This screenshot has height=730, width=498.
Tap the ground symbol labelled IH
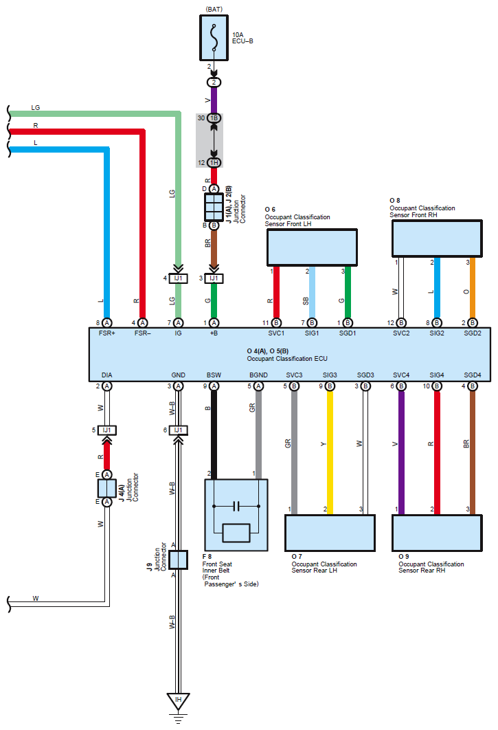tap(178, 701)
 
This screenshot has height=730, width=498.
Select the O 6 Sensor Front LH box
tap(311, 247)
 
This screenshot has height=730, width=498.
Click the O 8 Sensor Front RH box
tap(436, 239)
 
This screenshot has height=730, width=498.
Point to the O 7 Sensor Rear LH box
tap(330, 532)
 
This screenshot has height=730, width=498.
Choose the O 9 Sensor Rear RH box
tap(437, 532)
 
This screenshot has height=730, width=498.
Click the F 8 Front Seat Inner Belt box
tap(236, 515)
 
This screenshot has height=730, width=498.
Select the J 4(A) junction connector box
tap(107, 488)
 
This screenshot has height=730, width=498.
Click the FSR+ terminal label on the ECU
tap(107, 333)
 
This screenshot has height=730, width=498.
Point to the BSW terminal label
tap(214, 375)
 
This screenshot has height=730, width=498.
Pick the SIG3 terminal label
tap(330, 375)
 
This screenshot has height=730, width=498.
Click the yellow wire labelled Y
tap(330, 454)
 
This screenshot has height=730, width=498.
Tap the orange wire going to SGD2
tap(473, 289)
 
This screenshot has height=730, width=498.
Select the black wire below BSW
tap(214, 433)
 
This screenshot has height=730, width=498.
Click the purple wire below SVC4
tap(401, 454)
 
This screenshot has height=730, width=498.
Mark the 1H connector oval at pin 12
tap(214, 162)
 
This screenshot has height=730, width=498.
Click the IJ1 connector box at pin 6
tap(178, 430)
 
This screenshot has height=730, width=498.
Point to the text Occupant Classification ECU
tap(287, 359)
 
